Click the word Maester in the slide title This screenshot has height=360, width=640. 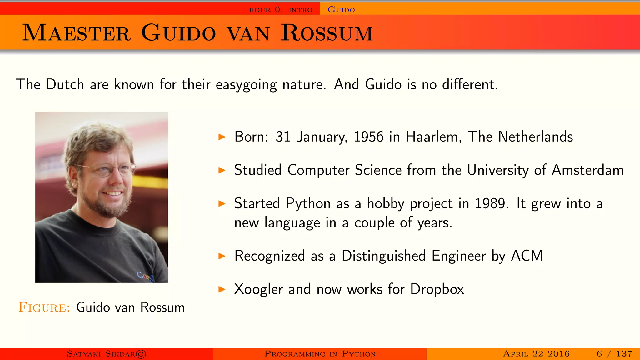[x=77, y=33]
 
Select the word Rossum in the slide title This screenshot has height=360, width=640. [x=327, y=33]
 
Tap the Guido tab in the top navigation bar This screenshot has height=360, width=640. [x=341, y=10]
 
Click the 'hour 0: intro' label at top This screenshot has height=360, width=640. [x=281, y=10]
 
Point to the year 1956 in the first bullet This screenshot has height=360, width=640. [x=368, y=137]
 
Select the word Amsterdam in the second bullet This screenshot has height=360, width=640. [x=587, y=170]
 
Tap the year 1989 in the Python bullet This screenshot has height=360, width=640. [x=490, y=204]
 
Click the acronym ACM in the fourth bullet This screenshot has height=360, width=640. [x=527, y=256]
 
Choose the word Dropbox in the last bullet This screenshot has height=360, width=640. [x=437, y=289]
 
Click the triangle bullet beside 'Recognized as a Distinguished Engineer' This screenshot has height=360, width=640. [x=222, y=256]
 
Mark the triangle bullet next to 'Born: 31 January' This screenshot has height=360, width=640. [x=222, y=137]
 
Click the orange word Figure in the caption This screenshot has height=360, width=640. [x=44, y=307]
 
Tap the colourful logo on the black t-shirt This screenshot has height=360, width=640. [x=146, y=276]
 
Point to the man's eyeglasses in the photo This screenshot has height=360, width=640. [x=108, y=169]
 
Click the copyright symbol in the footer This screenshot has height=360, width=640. [x=141, y=354]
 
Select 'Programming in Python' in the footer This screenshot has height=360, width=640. [x=320, y=354]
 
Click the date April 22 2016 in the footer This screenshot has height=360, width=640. [x=536, y=354]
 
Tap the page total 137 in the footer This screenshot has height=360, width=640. [x=624, y=354]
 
